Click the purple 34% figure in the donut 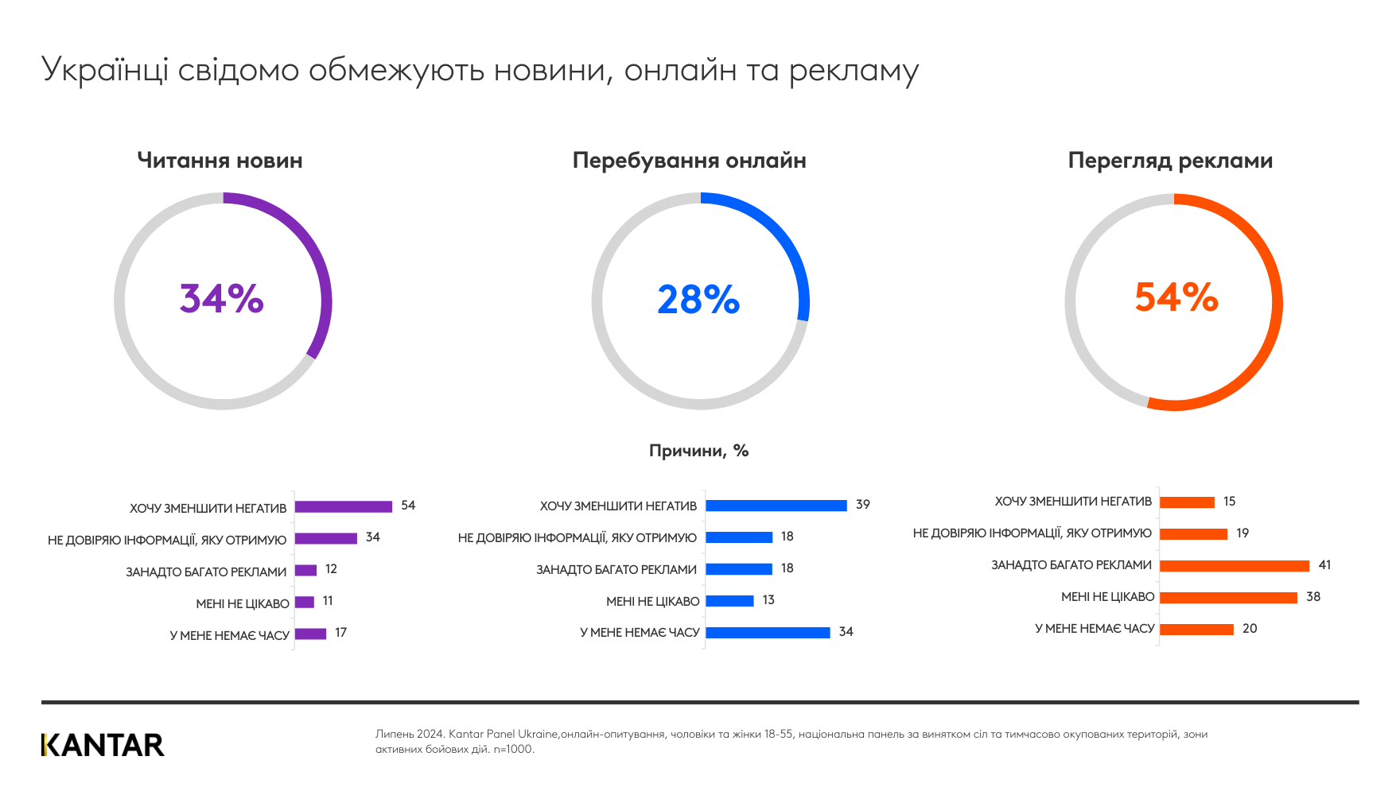tap(221, 299)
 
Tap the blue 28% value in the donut tap(698, 300)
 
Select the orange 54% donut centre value tap(1176, 297)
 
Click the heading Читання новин tap(220, 161)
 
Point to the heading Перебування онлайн tap(689, 161)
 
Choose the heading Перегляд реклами tap(1170, 161)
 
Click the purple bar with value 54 tap(344, 506)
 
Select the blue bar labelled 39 tap(776, 506)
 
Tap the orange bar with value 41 tap(1234, 566)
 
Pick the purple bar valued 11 tap(305, 602)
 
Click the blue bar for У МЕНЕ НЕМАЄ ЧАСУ tap(768, 633)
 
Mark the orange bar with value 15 tap(1187, 502)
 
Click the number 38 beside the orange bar tap(1313, 596)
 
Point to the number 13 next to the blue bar tap(768, 600)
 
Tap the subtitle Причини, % tap(698, 451)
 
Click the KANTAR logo tap(103, 745)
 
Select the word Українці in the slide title tap(104, 71)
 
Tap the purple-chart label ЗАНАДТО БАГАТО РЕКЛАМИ tap(206, 572)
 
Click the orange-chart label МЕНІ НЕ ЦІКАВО tap(1107, 597)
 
